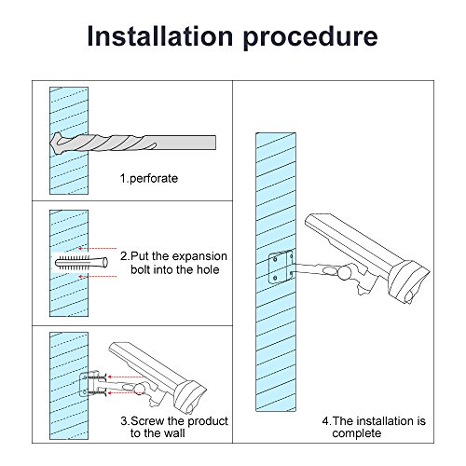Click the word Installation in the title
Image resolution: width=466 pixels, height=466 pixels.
(160, 36)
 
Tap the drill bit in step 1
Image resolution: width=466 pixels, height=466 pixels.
(133, 143)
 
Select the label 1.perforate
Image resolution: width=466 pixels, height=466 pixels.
(149, 179)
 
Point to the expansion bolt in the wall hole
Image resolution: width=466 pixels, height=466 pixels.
(81, 263)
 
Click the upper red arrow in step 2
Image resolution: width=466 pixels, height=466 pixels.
(97, 249)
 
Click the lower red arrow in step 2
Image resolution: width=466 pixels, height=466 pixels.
(97, 276)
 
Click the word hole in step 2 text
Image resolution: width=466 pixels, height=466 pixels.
(208, 269)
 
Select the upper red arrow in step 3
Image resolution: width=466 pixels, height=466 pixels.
(125, 377)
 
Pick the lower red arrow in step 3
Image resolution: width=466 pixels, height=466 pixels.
(123, 393)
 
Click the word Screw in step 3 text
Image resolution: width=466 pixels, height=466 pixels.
(147, 421)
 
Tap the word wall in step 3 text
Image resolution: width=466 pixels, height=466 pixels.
(175, 433)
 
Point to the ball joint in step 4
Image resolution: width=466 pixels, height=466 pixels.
(345, 272)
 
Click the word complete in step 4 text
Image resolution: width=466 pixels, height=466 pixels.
(357, 433)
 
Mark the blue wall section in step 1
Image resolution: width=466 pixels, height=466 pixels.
(69, 141)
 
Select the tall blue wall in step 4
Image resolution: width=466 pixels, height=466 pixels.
(276, 272)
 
